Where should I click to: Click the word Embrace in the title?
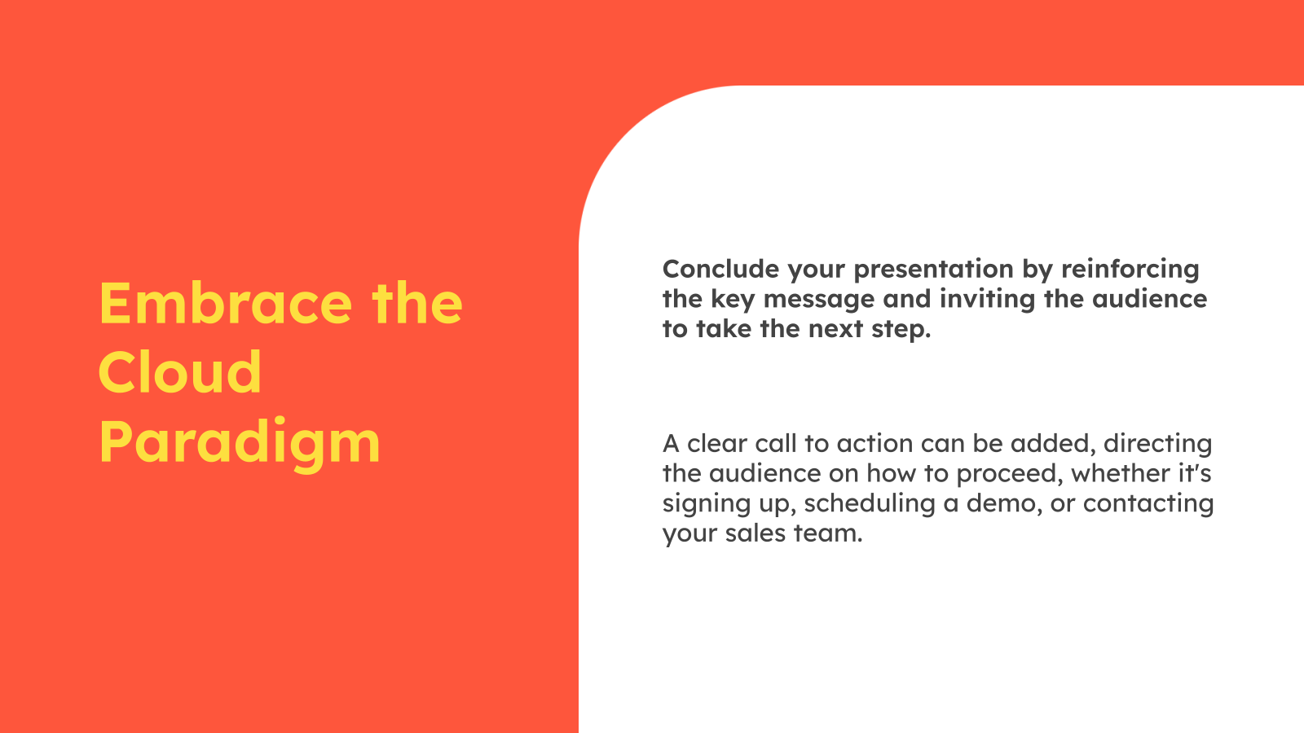[x=225, y=303]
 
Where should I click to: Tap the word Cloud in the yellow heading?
[x=180, y=373]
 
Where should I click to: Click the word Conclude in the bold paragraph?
[x=712, y=269]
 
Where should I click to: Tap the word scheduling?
[x=869, y=503]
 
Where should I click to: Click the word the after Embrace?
[x=417, y=303]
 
